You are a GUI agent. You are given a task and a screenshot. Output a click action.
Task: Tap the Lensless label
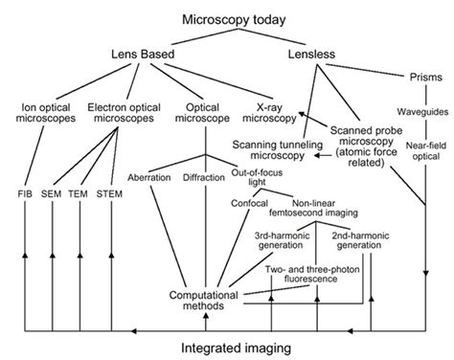click(317, 56)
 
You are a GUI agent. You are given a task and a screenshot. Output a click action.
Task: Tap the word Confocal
click(249, 203)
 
